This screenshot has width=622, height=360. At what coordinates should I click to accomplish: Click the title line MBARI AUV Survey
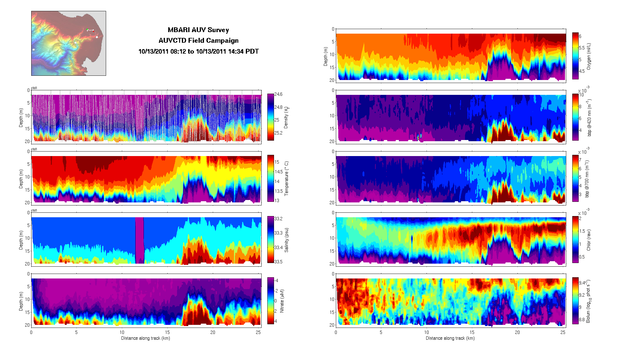pyautogui.click(x=198, y=30)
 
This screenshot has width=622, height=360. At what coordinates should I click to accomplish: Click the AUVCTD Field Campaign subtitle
pyautogui.click(x=198, y=41)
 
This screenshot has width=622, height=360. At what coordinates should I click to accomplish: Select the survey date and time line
pyautogui.click(x=198, y=52)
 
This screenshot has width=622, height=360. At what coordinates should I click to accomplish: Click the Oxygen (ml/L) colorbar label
pyautogui.click(x=589, y=56)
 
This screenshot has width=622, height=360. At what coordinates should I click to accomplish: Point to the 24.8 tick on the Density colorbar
pyautogui.click(x=278, y=107)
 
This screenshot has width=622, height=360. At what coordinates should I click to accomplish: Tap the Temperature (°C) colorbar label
pyautogui.click(x=286, y=178)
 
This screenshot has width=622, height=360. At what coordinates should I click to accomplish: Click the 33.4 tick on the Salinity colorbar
pyautogui.click(x=278, y=248)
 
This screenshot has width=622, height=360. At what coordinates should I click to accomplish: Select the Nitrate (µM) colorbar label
pyautogui.click(x=282, y=301)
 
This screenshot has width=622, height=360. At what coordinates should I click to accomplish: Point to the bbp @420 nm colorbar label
pyautogui.click(x=589, y=118)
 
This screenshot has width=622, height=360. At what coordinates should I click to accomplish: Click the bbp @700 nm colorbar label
pyautogui.click(x=587, y=179)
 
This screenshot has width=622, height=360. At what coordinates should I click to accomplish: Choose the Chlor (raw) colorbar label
pyautogui.click(x=589, y=240)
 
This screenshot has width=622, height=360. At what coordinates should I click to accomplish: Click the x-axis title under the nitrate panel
pyautogui.click(x=145, y=338)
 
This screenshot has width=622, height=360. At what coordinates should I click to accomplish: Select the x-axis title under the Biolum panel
pyautogui.click(x=450, y=338)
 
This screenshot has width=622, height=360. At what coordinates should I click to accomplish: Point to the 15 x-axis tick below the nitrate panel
pyautogui.click(x=167, y=332)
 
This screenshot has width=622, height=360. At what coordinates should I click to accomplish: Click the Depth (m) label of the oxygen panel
pyautogui.click(x=326, y=56)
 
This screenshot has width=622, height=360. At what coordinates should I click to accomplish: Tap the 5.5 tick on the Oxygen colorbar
pyautogui.click(x=582, y=48)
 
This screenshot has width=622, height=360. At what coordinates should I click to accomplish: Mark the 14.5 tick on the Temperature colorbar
pyautogui.click(x=279, y=172)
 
